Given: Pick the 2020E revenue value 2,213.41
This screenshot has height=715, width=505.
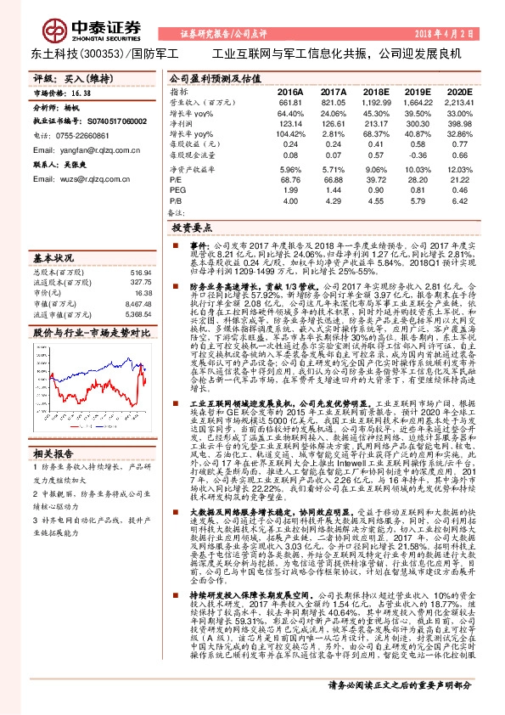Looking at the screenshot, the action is (x=457, y=101).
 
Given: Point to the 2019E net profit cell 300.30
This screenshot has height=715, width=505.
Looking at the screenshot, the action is (x=417, y=123).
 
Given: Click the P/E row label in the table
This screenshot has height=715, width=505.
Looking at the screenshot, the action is (x=176, y=179).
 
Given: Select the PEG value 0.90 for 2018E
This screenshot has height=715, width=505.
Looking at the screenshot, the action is (x=375, y=190).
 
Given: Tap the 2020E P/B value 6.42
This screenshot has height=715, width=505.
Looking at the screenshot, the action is (x=459, y=201).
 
